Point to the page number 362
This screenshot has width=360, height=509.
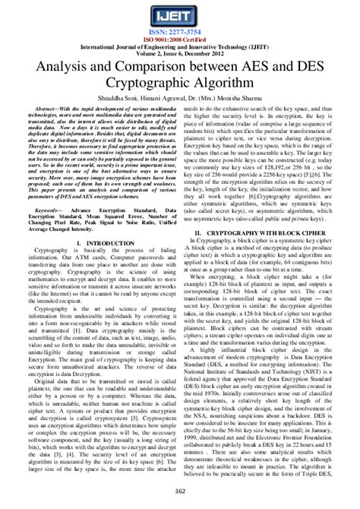[x=180, y=495]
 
